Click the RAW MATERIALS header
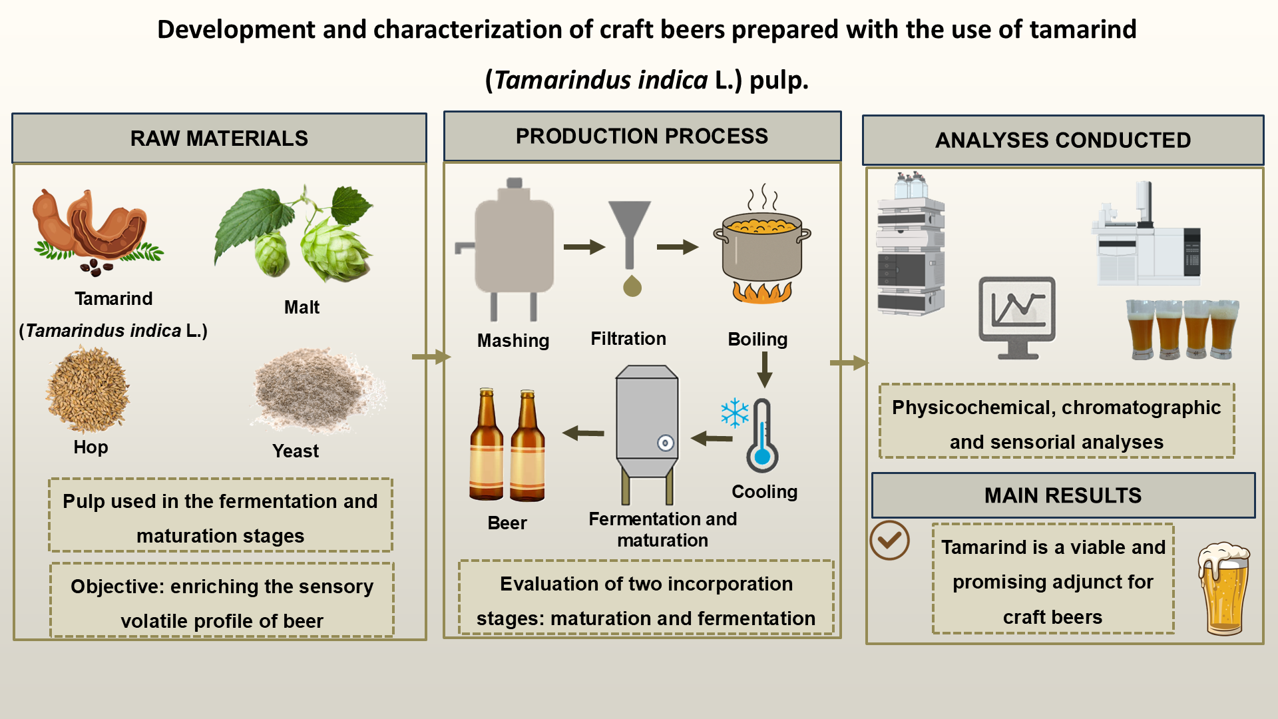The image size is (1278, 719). pyautogui.click(x=219, y=138)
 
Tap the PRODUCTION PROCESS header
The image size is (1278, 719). pyautogui.click(x=642, y=136)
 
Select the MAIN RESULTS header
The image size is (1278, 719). pyautogui.click(x=1063, y=495)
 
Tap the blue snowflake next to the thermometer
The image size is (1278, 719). pyautogui.click(x=735, y=413)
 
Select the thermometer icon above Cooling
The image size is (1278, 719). pyautogui.click(x=762, y=436)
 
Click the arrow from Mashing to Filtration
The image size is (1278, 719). pyautogui.click(x=584, y=247)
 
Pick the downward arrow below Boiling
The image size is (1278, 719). pyautogui.click(x=765, y=369)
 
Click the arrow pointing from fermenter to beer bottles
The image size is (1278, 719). pyautogui.click(x=583, y=433)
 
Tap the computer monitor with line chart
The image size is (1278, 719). pyautogui.click(x=1016, y=316)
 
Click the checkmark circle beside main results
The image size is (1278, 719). pyautogui.click(x=889, y=540)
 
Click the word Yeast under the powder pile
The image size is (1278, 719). pyautogui.click(x=296, y=451)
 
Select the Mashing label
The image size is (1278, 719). pyautogui.click(x=513, y=340)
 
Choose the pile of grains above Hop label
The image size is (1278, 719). pyautogui.click(x=87, y=390)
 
